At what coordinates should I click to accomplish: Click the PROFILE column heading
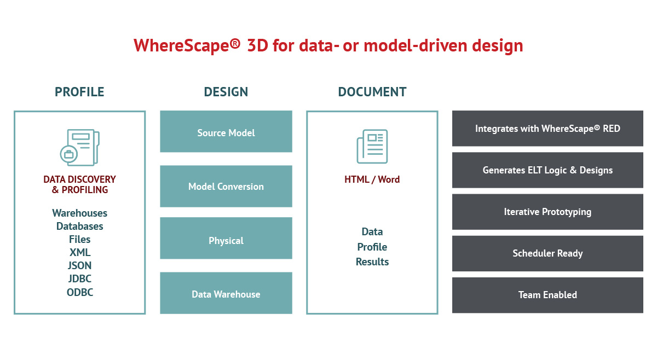79,92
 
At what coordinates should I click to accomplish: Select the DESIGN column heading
226,92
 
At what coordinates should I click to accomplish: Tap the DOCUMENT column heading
372,92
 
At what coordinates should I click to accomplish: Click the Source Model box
226,131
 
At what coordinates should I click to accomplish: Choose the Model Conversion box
226,186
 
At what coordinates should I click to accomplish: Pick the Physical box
226,238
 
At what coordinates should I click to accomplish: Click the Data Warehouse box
226,293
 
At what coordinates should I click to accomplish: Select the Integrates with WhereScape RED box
547,129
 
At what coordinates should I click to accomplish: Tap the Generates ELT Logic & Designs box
547,170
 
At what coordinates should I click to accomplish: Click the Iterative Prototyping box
547,212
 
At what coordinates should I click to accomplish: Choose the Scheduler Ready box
547,253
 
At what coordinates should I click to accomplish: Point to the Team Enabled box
547,295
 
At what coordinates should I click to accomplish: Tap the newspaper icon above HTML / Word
372,146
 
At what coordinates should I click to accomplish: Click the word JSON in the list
79,265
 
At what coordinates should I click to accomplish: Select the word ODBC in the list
79,292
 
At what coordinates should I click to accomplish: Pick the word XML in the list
79,252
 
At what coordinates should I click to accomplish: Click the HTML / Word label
372,179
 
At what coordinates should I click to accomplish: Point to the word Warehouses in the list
79,213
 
